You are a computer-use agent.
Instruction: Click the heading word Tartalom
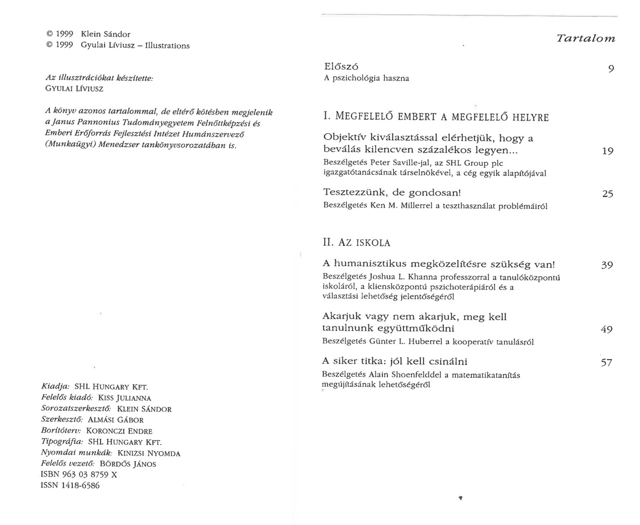tap(586, 38)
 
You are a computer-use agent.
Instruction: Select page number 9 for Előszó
tap(610, 69)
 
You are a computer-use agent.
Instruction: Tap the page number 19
tap(607, 151)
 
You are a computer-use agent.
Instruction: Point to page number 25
tap(607, 194)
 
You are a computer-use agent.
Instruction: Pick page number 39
tap(607, 265)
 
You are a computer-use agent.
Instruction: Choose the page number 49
tap(607, 330)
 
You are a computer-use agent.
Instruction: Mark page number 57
tap(607, 363)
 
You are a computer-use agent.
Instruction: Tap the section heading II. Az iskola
tap(356, 243)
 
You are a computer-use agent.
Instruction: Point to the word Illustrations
tap(167, 46)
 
